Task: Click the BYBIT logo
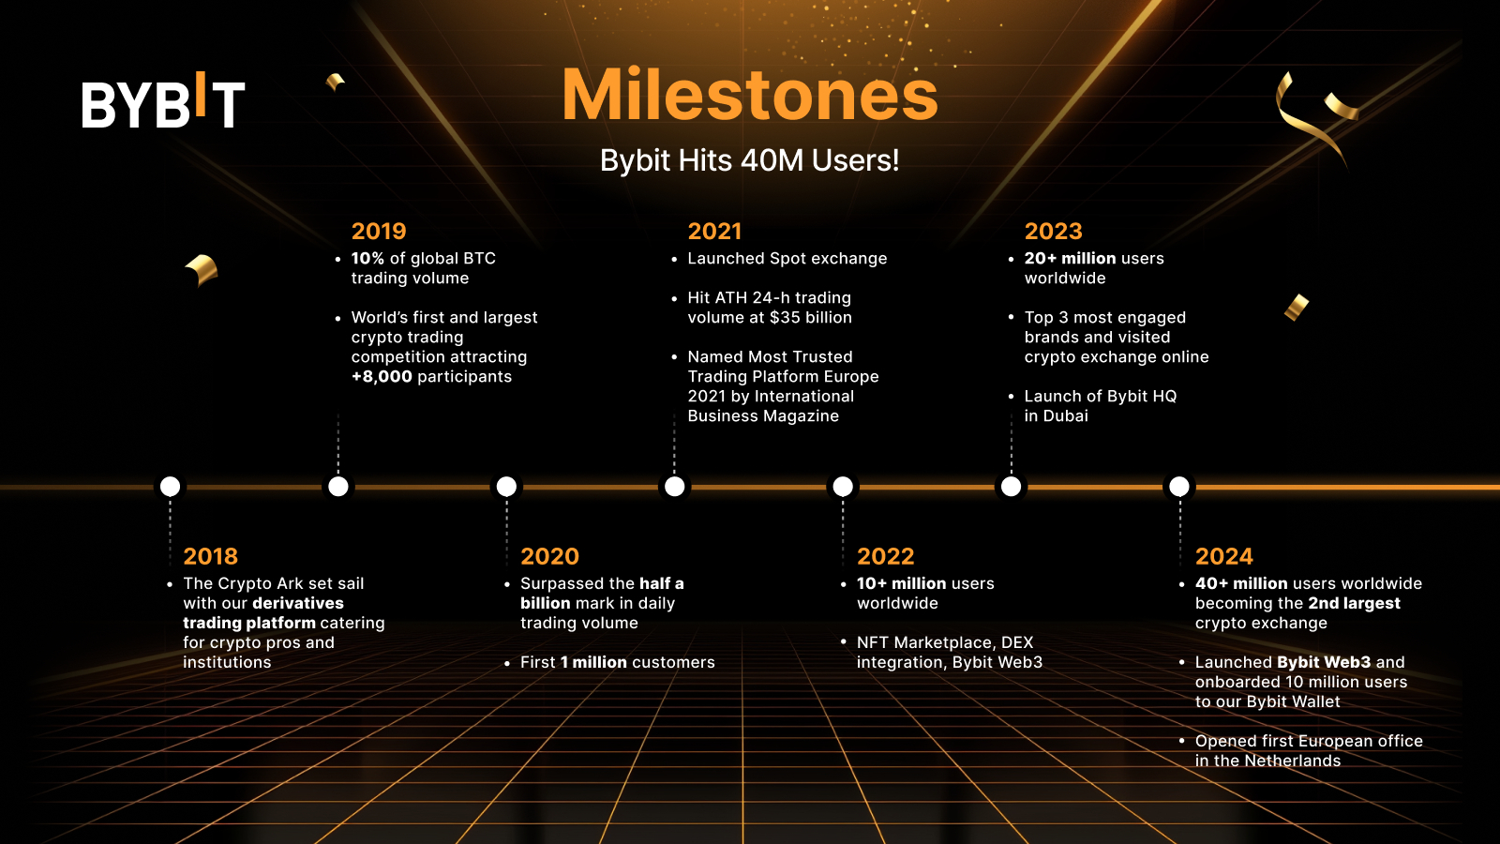pos(163,100)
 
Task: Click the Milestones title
pos(750,95)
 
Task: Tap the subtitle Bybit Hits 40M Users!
pos(749,160)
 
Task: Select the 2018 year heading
pos(210,556)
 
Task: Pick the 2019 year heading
pos(379,231)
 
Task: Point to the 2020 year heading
pos(549,556)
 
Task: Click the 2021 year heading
pos(714,231)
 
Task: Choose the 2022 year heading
pos(885,556)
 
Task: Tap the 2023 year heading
pos(1054,231)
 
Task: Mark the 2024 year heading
pos(1224,556)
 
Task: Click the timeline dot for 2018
pos(170,487)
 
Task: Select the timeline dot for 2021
pos(674,487)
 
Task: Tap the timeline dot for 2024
pos(1179,487)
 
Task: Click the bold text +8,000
pos(382,376)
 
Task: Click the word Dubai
pos(1065,416)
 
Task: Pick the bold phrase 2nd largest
pos(1354,604)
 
